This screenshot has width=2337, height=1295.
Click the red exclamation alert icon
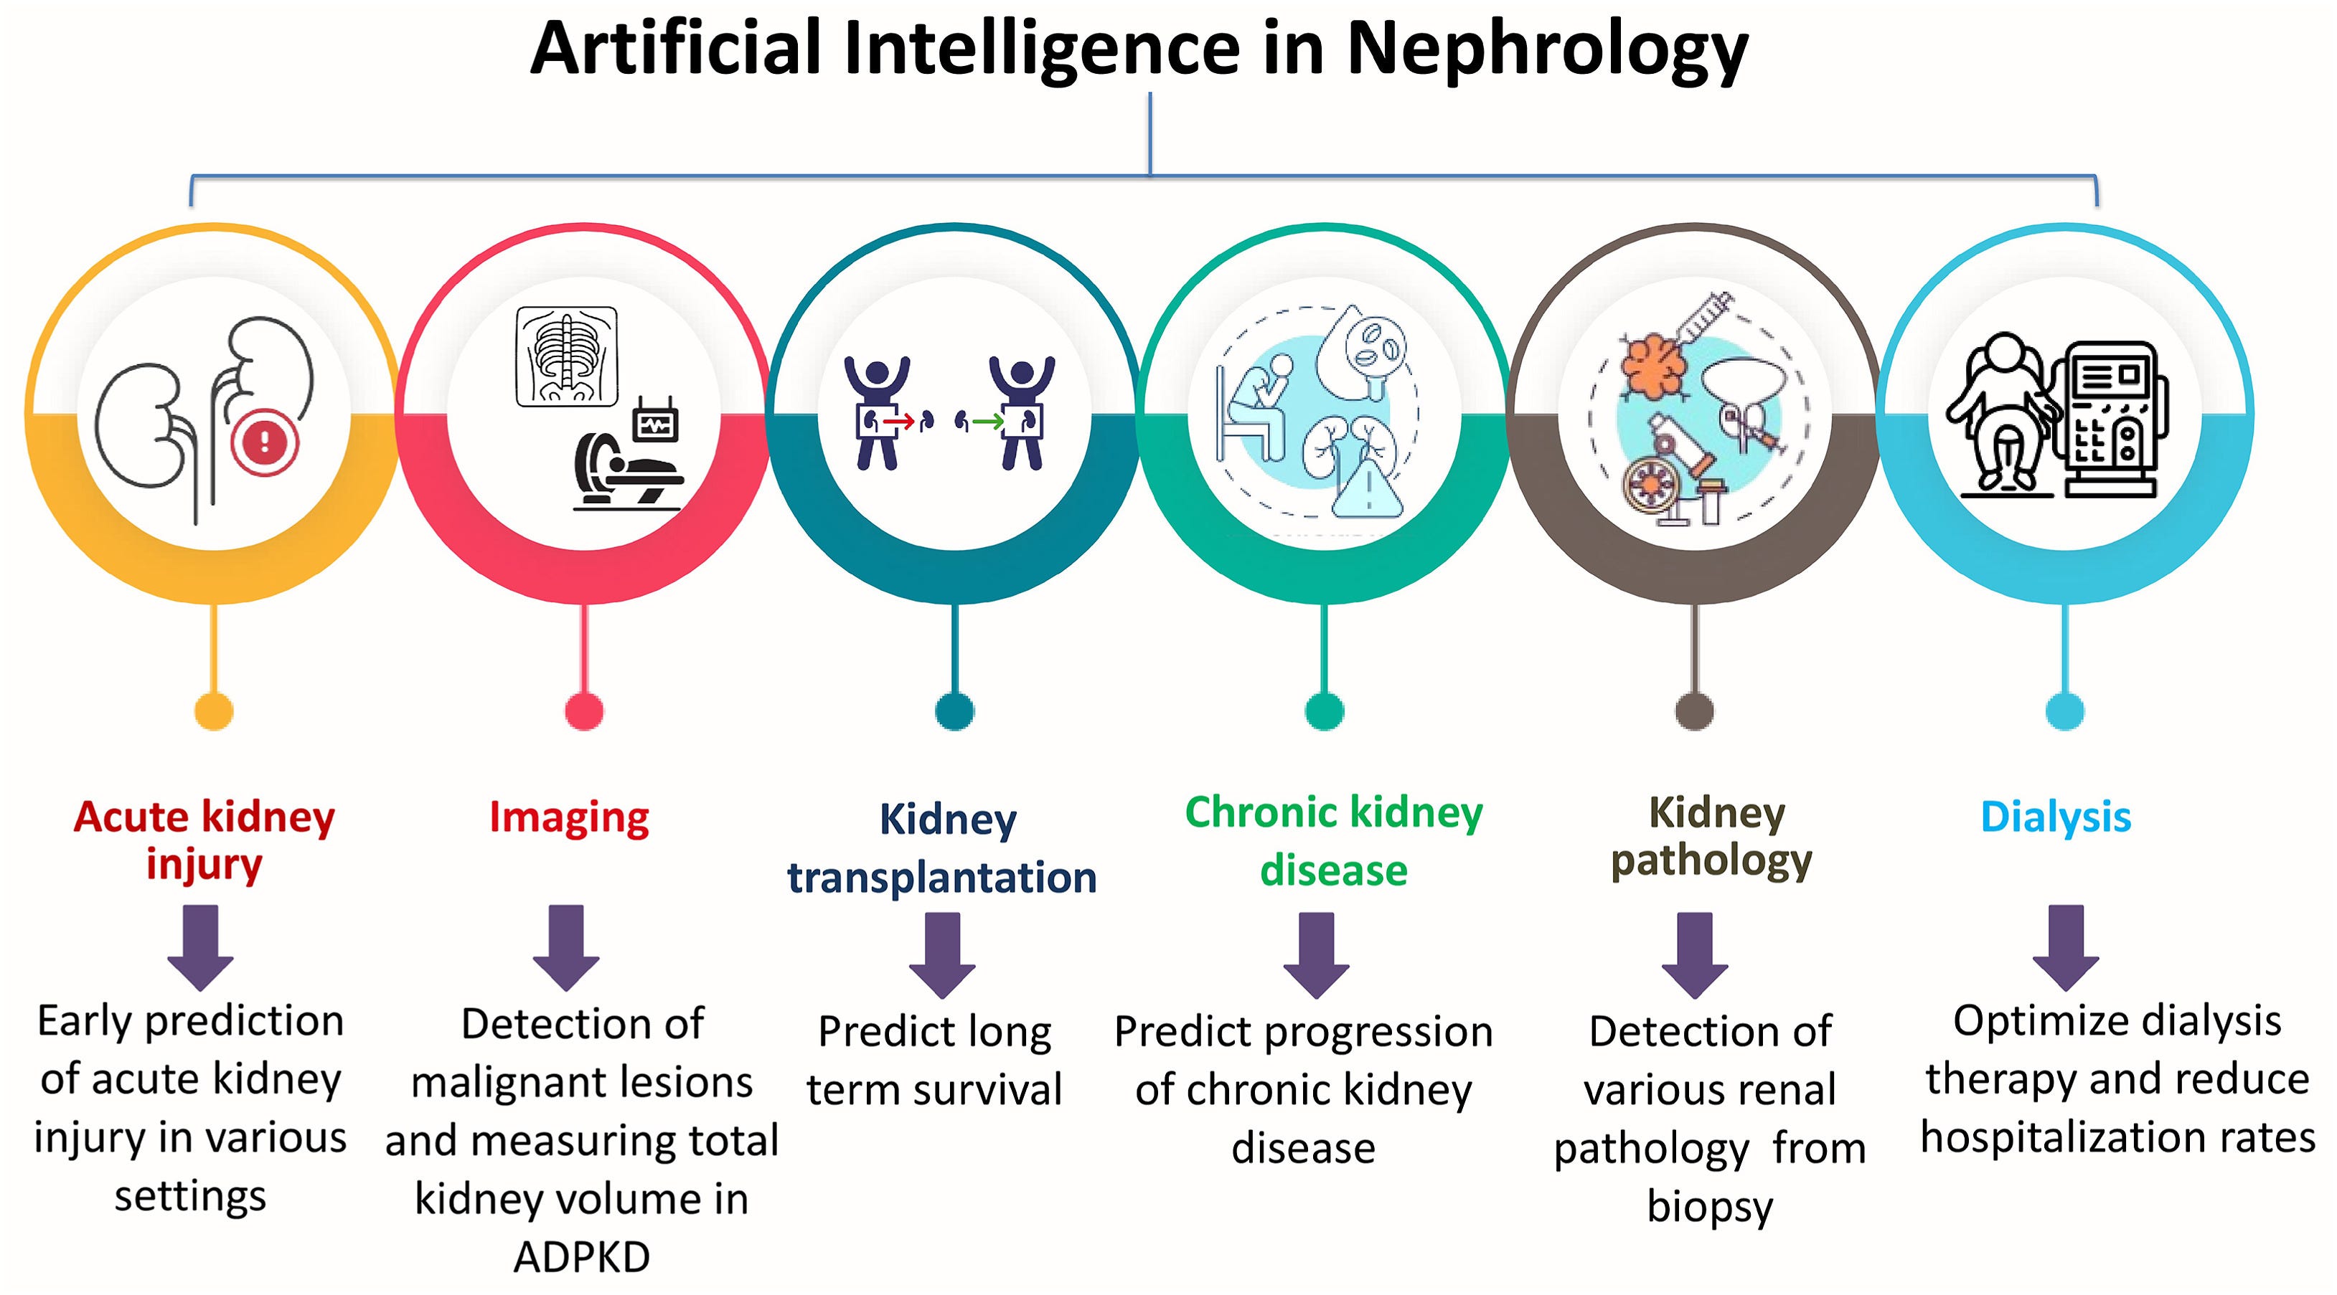point(264,442)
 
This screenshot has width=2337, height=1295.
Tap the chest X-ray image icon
point(567,354)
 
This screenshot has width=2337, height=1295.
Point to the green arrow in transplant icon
point(988,422)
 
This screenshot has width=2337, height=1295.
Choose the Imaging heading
point(569,818)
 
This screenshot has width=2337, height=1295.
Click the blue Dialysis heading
point(2055,817)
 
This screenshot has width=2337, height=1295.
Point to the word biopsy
point(1709,1207)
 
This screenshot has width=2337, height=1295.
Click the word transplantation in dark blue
point(941,878)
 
